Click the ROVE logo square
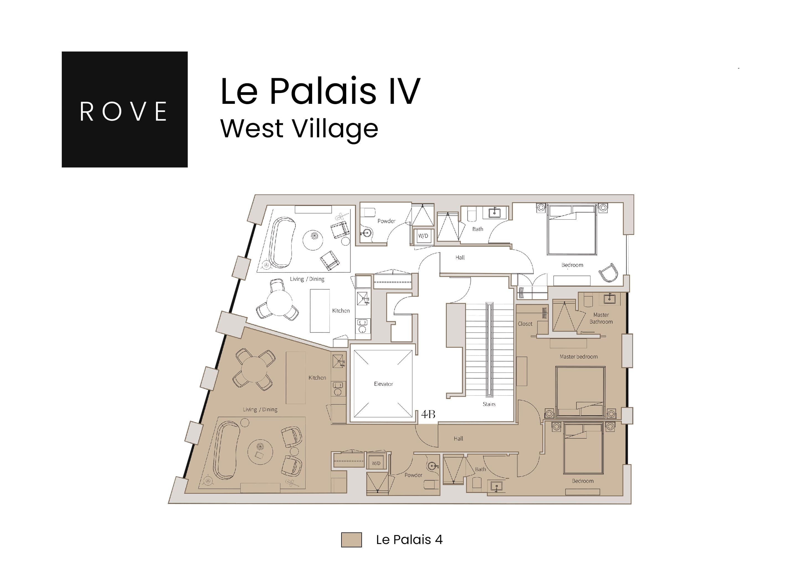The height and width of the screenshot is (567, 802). click(124, 109)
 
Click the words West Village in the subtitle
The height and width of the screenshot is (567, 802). click(299, 128)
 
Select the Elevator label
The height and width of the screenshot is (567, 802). click(383, 384)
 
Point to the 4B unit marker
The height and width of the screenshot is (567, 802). click(428, 414)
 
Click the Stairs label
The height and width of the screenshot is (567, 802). click(489, 404)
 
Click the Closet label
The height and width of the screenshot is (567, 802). click(525, 324)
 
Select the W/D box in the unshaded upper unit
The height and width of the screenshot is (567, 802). click(423, 236)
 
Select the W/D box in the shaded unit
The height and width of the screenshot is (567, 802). click(376, 463)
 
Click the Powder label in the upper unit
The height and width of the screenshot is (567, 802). click(386, 221)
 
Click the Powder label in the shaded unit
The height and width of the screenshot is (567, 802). click(413, 475)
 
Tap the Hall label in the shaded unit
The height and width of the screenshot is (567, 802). click(458, 439)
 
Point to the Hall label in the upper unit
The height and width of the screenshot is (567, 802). click(460, 257)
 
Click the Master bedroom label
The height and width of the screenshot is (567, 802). click(579, 357)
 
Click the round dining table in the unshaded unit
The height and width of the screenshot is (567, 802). click(279, 303)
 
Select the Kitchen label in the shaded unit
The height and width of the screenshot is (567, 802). click(317, 377)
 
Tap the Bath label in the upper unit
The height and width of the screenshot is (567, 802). click(477, 229)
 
